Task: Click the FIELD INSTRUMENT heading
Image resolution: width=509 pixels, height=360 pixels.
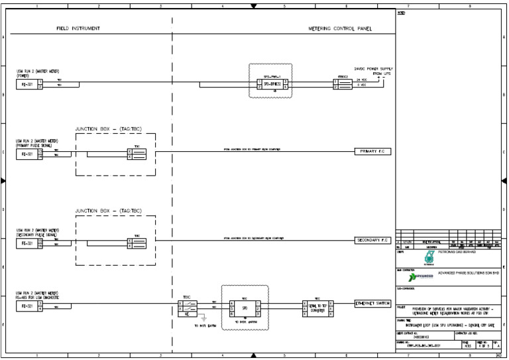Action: [78, 29]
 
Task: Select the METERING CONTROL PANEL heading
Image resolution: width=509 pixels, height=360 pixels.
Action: [341, 29]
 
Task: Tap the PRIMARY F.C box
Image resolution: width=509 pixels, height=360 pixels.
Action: [373, 152]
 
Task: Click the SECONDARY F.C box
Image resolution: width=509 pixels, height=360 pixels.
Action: [373, 240]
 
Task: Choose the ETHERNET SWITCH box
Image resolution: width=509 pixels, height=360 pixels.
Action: [373, 303]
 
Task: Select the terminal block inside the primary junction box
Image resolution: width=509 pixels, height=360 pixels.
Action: [137, 154]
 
